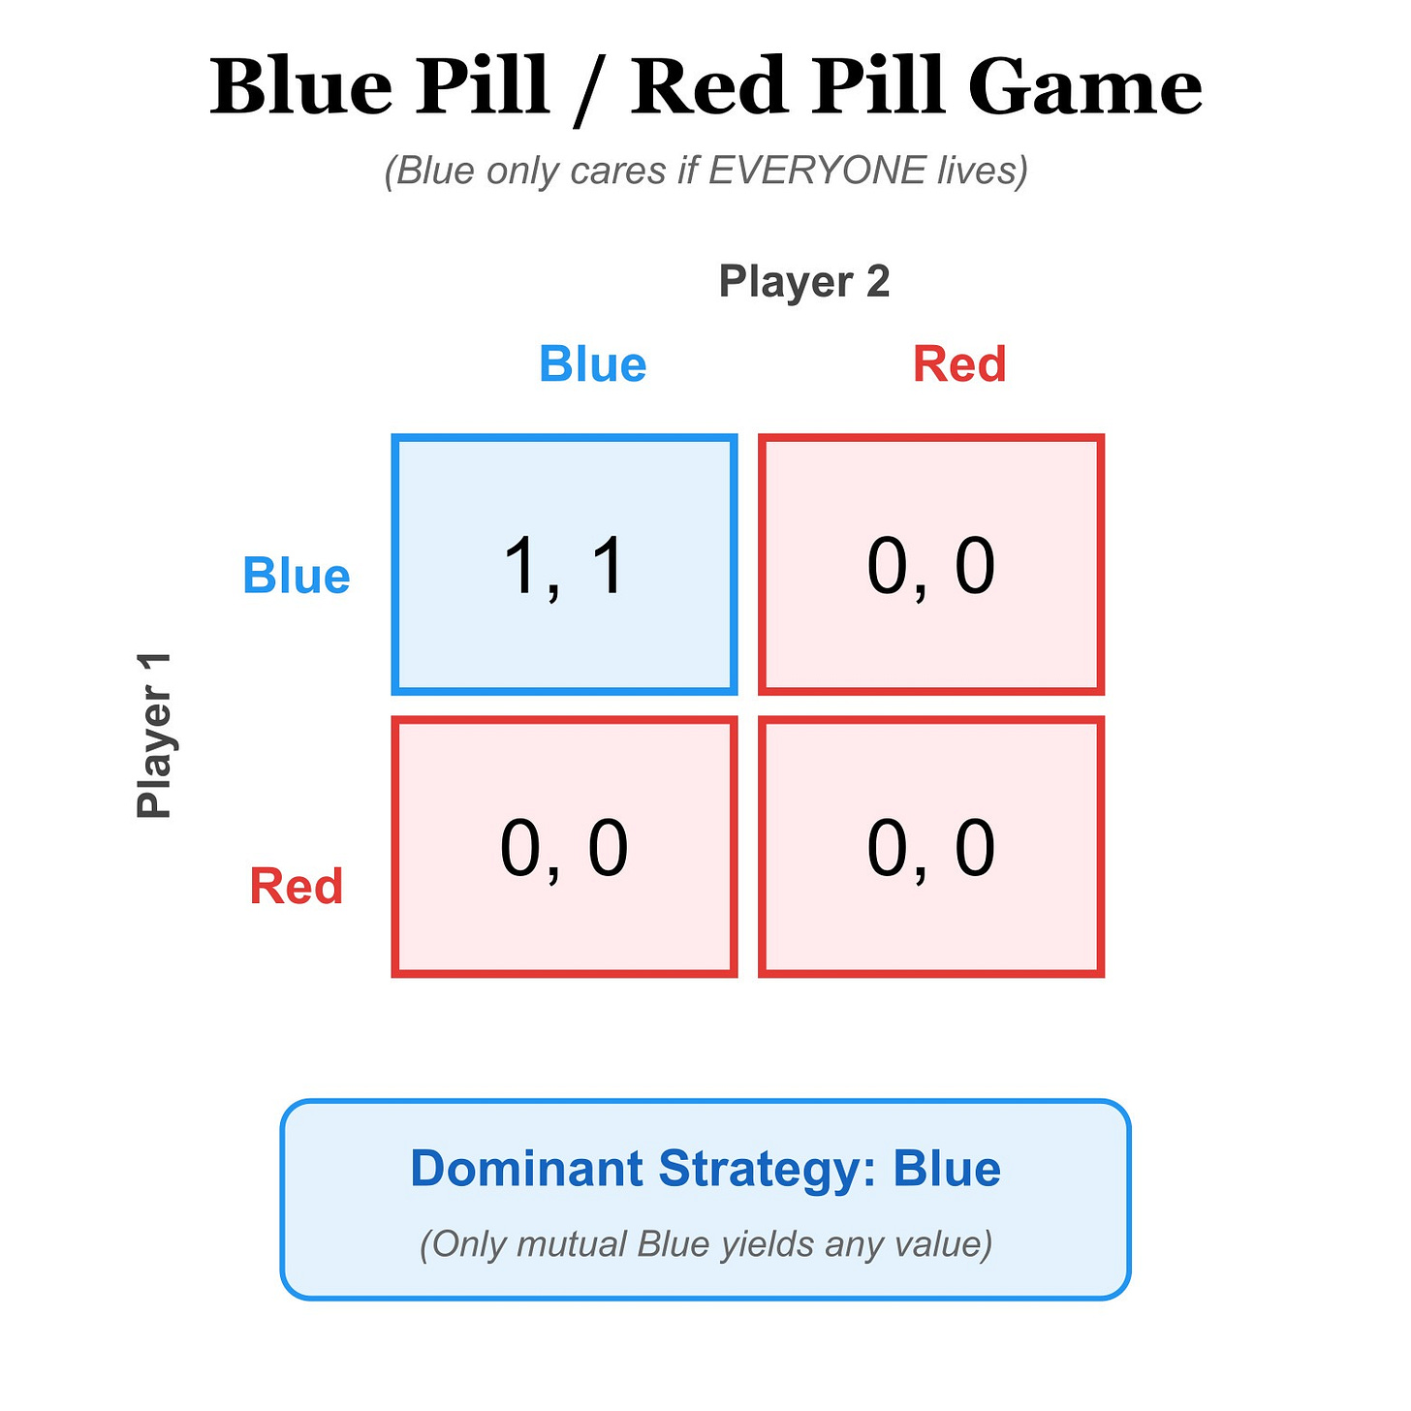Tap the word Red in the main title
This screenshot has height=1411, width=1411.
709,85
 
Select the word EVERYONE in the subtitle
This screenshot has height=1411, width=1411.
817,170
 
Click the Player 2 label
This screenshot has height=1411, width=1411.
804,281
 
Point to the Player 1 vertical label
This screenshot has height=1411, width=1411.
154,736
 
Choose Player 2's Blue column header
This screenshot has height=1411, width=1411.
592,364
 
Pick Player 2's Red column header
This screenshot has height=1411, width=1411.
959,364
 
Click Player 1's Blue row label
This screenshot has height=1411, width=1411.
296,576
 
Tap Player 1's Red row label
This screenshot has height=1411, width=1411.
296,886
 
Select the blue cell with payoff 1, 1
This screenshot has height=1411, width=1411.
564,564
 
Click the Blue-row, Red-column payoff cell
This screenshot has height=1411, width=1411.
930,564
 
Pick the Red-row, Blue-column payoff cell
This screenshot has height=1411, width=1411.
564,846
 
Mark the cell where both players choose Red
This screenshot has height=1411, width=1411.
930,846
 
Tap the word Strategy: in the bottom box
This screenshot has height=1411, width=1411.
768,1171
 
